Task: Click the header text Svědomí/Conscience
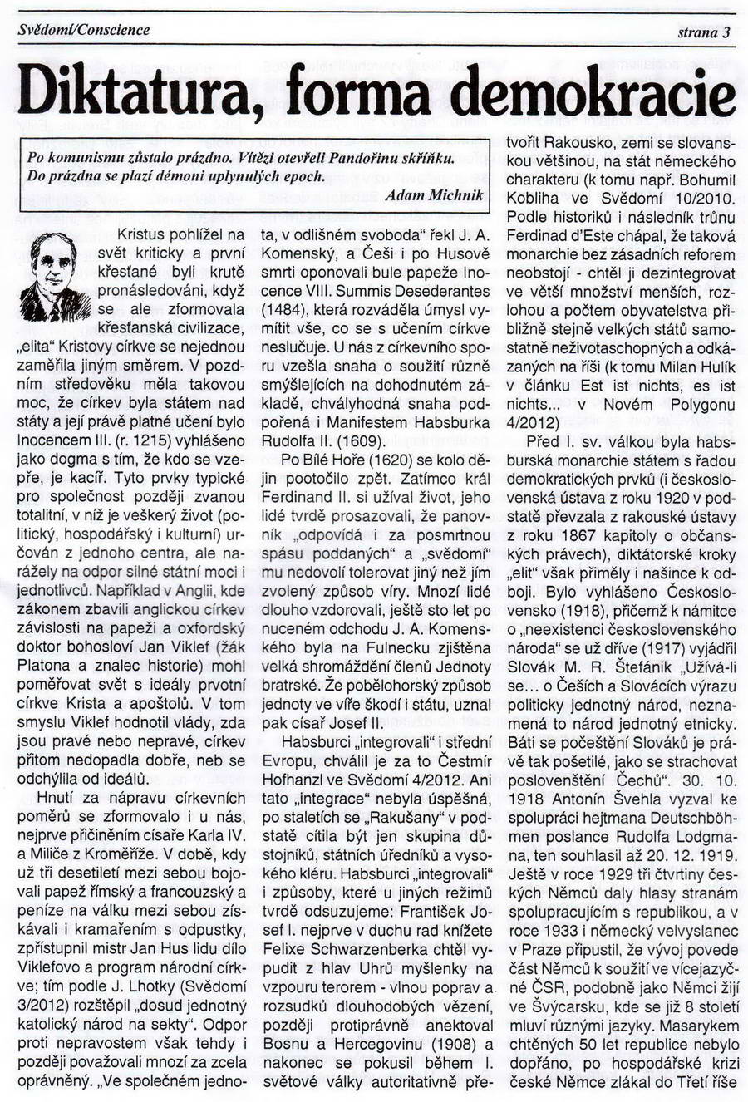click(84, 30)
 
